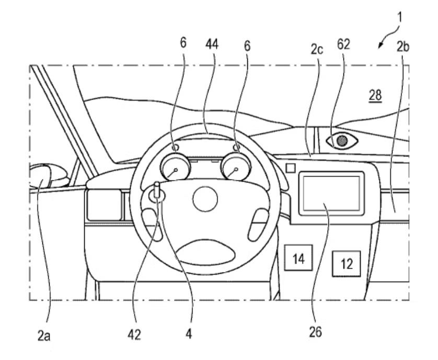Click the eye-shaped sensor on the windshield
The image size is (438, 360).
click(x=341, y=140)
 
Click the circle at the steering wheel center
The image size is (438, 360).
click(x=203, y=199)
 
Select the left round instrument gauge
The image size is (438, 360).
click(x=175, y=169)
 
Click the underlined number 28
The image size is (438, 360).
click(x=375, y=96)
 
